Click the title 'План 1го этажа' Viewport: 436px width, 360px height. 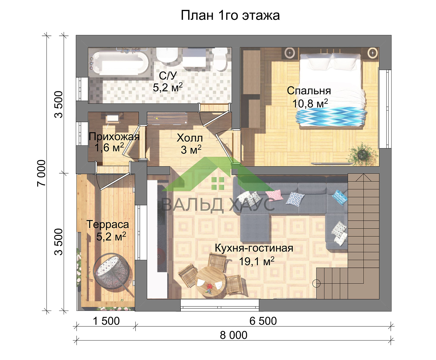pos(230,15)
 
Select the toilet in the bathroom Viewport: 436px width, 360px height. pos(220,59)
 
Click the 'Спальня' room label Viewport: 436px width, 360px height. pos(309,91)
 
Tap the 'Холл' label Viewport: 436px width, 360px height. pos(190,138)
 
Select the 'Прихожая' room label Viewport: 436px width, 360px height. pos(114,137)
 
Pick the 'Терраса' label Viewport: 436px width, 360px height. pos(108,224)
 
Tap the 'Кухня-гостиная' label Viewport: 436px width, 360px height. pos(254,248)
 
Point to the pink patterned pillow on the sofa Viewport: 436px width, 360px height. pos(274,195)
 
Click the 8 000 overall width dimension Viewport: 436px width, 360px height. pos(233,335)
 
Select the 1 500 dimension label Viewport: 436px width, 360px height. pos(106,321)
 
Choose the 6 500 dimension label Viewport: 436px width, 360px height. pos(263,321)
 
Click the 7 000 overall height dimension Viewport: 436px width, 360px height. pos(41,173)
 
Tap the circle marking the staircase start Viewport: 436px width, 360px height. pos(316,284)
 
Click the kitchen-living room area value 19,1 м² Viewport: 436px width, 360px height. pos(257,261)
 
